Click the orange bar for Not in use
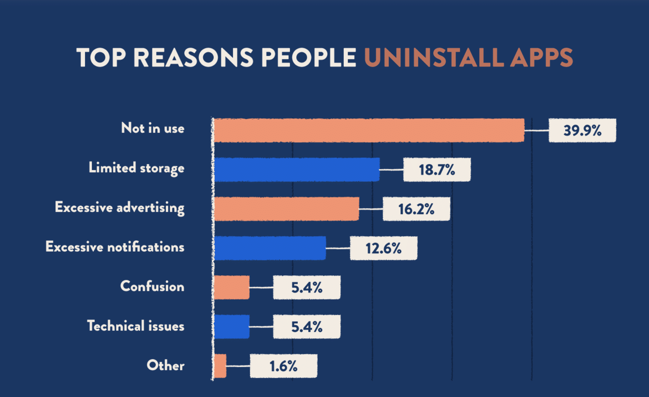pos(369,130)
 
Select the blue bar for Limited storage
pos(297,170)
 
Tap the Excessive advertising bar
pos(286,209)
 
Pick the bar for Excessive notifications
pos(270,248)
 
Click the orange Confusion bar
pos(232,288)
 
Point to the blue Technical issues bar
pos(232,327)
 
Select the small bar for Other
pos(220,366)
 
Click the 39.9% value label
pos(582,131)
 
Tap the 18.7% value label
pos(437,170)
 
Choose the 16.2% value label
pos(416,209)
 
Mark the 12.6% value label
pos(383,249)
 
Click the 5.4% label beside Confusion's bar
pos(307,288)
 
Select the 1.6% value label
pos(283,366)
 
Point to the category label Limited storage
pos(136,168)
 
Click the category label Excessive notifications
pos(115,247)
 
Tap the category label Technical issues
pos(135,326)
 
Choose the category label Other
pos(165,365)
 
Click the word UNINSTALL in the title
pos(434,58)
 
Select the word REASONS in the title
pos(193,58)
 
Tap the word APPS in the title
pos(541,58)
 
